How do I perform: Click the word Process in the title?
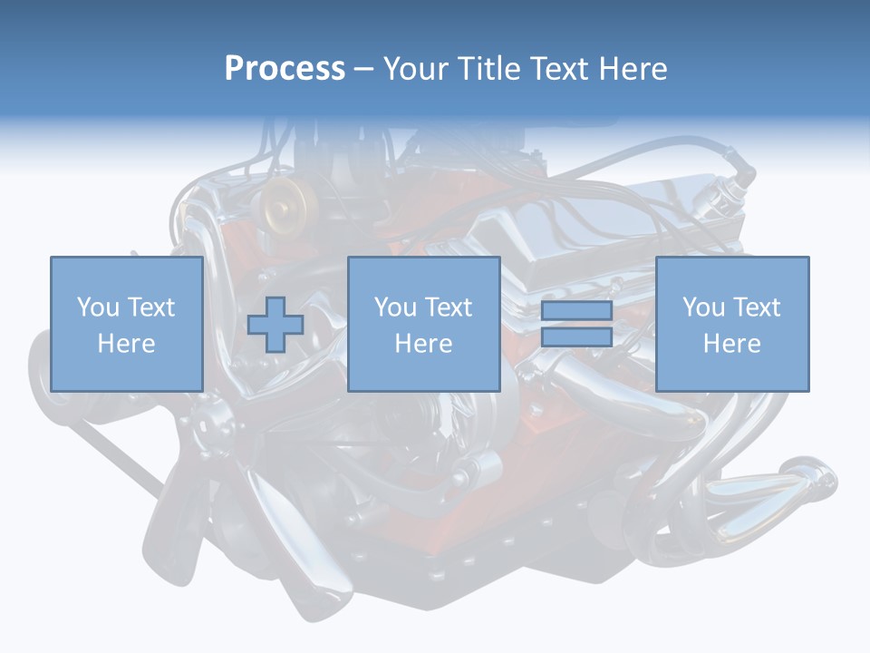click(285, 68)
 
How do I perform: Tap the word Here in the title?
click(631, 68)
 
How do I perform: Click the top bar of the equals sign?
click(576, 311)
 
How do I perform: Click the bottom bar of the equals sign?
click(576, 336)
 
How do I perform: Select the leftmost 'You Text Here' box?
click(126, 324)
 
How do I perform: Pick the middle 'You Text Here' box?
click(423, 324)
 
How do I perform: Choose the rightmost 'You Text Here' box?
click(731, 324)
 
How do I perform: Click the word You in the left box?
click(97, 307)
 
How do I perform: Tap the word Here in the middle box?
click(423, 344)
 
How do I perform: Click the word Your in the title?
click(418, 68)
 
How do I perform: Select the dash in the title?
click(363, 69)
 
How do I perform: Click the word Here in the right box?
click(731, 344)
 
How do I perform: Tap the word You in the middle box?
click(394, 307)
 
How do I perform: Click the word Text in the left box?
click(151, 307)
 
